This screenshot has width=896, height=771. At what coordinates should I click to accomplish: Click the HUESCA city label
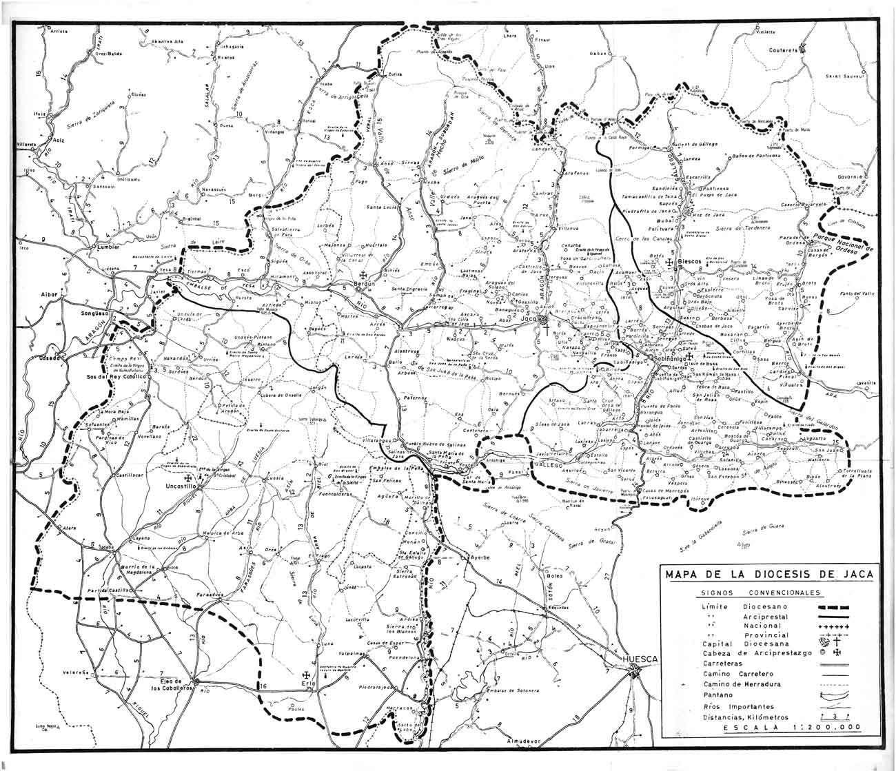pyautogui.click(x=640, y=659)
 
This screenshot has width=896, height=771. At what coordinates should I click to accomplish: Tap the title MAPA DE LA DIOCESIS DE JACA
pyautogui.click(x=766, y=574)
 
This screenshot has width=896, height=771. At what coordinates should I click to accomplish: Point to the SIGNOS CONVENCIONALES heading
pyautogui.click(x=759, y=593)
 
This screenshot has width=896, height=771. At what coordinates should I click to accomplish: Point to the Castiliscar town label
pyautogui.click(x=129, y=475)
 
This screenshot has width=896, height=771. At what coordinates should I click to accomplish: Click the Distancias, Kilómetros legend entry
pyautogui.click(x=744, y=717)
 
